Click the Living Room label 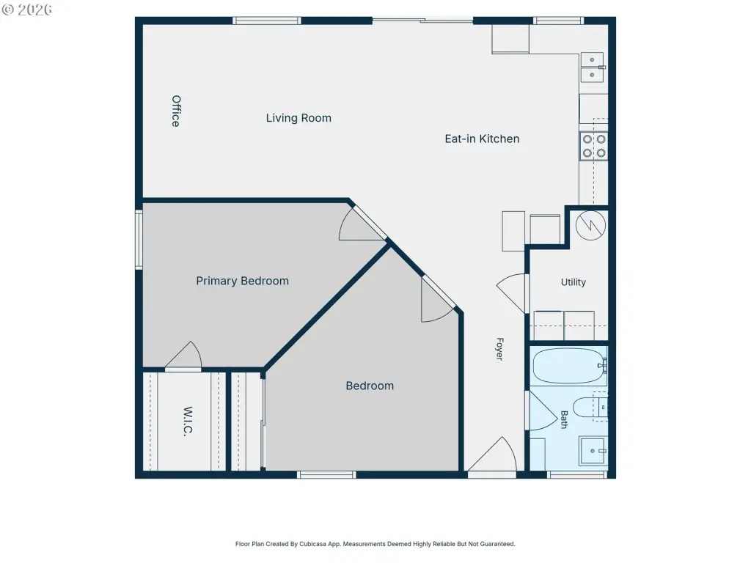(x=298, y=118)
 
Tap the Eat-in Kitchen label (x=482, y=139)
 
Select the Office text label (x=176, y=111)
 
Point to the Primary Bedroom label (x=242, y=281)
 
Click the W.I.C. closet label (x=188, y=421)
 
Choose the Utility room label (x=574, y=282)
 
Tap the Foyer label (x=499, y=349)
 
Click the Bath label (x=564, y=419)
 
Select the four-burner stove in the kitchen (x=593, y=146)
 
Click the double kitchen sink (x=592, y=67)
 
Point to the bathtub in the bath (x=569, y=367)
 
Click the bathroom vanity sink (x=593, y=451)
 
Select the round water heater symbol (x=590, y=226)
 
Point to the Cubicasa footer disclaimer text (x=375, y=544)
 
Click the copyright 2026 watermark (x=27, y=10)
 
